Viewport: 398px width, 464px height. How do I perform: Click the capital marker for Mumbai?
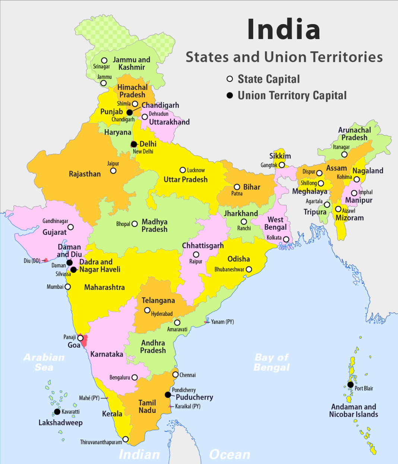tap(67, 287)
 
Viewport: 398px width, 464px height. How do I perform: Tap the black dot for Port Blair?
tap(350, 385)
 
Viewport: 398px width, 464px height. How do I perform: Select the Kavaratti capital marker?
tap(57, 411)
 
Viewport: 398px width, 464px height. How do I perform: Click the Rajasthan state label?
tap(85, 174)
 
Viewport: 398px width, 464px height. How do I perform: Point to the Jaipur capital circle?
tap(113, 171)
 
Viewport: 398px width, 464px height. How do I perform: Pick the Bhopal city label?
tap(123, 224)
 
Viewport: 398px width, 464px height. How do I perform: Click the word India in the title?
tap(284, 29)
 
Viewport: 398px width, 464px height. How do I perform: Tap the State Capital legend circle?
tap(230, 79)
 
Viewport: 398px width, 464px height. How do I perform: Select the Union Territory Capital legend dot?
tap(230, 95)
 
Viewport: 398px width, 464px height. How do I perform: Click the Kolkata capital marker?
tap(286, 239)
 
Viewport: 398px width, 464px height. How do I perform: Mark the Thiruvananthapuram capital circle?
tap(126, 439)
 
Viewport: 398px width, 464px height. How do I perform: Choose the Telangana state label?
tap(158, 301)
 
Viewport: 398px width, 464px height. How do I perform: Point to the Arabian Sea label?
tap(44, 362)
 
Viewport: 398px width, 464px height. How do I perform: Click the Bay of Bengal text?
tap(272, 362)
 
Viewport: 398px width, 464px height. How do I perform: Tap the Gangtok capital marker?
tap(282, 165)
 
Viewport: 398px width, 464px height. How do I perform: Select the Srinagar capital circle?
tap(104, 60)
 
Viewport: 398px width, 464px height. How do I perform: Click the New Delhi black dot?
tap(134, 144)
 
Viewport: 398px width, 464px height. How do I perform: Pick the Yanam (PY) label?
tap(222, 322)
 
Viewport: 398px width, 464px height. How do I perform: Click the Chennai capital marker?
tap(176, 374)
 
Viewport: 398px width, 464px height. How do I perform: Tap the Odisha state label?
tap(239, 259)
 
